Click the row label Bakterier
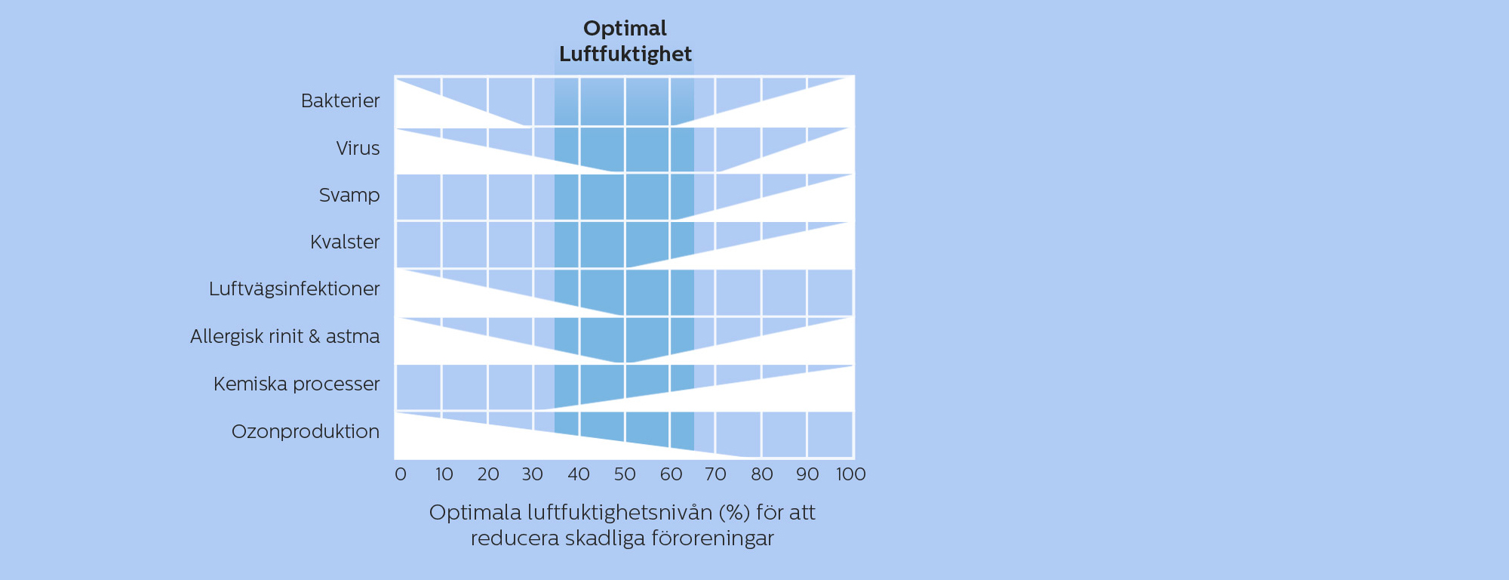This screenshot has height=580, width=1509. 340,100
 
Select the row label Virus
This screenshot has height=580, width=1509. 358,148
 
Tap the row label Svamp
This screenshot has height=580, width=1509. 349,196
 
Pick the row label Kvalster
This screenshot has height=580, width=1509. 345,242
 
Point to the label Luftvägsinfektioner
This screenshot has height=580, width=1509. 294,289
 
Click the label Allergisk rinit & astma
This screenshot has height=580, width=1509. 285,336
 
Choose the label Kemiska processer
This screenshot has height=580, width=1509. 297,384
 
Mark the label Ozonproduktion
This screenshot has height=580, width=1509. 306,431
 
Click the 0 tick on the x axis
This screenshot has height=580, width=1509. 401,474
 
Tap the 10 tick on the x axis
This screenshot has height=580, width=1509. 444,474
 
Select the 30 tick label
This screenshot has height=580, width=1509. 533,474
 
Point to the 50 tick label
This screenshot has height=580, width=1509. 625,474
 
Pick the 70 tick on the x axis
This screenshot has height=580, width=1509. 715,474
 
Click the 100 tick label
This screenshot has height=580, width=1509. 851,474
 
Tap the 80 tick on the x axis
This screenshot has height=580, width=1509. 762,474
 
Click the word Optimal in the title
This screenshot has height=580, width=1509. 625,29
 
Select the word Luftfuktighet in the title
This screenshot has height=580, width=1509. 625,54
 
